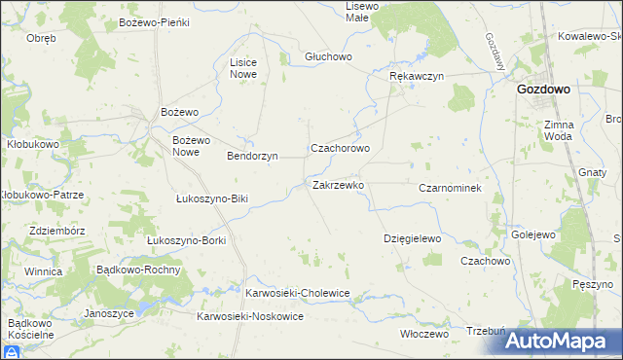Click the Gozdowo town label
pos(543,89)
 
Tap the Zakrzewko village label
pos(338,185)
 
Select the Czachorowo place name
pos(340,149)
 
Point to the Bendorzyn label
pos(252,156)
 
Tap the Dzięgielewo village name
pos(413,238)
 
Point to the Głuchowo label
pos(327,56)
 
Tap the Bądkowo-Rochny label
pos(135,270)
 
